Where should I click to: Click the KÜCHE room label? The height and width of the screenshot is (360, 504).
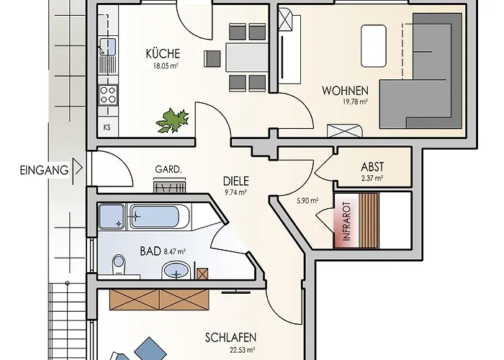pyautogui.click(x=163, y=54)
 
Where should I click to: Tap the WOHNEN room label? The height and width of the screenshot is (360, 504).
pyautogui.click(x=345, y=91)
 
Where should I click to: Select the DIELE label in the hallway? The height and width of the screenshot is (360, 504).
pyautogui.click(x=236, y=181)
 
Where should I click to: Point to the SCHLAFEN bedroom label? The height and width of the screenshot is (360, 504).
pyautogui.click(x=231, y=338)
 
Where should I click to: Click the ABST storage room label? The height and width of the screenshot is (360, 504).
pyautogui.click(x=372, y=167)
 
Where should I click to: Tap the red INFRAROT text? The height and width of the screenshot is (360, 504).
pyautogui.click(x=346, y=221)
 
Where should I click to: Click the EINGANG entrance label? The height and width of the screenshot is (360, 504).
pyautogui.click(x=45, y=170)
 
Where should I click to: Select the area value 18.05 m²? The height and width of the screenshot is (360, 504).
pyautogui.click(x=166, y=66)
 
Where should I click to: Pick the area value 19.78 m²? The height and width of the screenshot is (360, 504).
pyautogui.click(x=355, y=102)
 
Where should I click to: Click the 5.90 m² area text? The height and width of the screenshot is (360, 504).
pyautogui.click(x=307, y=201)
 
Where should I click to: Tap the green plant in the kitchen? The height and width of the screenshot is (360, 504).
pyautogui.click(x=173, y=120)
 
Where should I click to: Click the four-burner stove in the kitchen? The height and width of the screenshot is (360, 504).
pyautogui.click(x=108, y=95)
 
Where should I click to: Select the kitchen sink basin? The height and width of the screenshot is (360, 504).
pyautogui.click(x=108, y=47)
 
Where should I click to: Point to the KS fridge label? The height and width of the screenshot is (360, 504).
pyautogui.click(x=107, y=127)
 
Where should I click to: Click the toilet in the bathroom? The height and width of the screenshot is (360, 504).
pyautogui.click(x=119, y=266)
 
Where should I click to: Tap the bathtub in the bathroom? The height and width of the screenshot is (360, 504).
pyautogui.click(x=155, y=217)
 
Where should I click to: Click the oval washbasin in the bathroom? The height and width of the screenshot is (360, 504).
pyautogui.click(x=176, y=271)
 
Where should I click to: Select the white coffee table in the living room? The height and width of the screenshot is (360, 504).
pyautogui.click(x=374, y=46)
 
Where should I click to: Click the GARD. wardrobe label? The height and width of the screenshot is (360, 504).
pyautogui.click(x=168, y=169)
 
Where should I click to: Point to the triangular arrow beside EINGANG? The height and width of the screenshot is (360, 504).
pyautogui.click(x=78, y=168)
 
